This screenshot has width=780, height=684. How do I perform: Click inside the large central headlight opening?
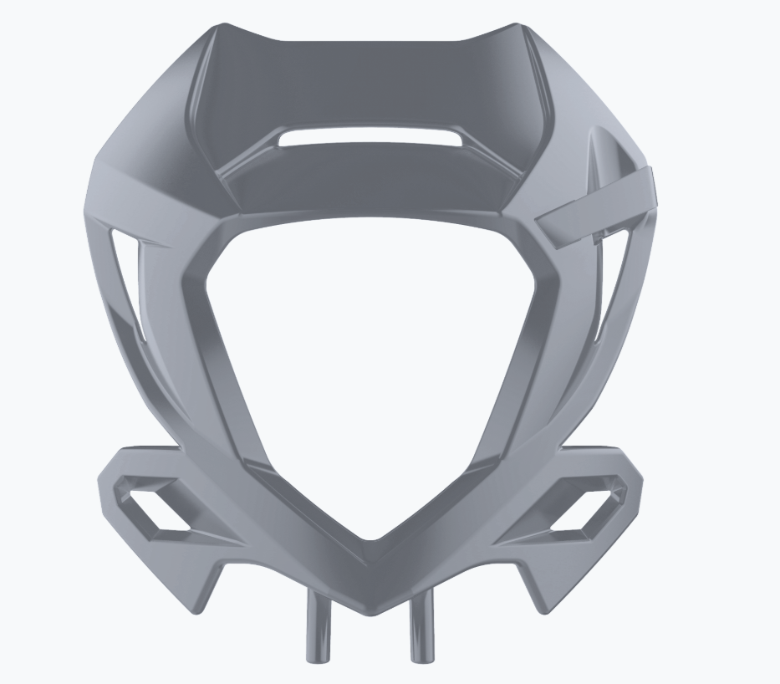pos(368,360)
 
